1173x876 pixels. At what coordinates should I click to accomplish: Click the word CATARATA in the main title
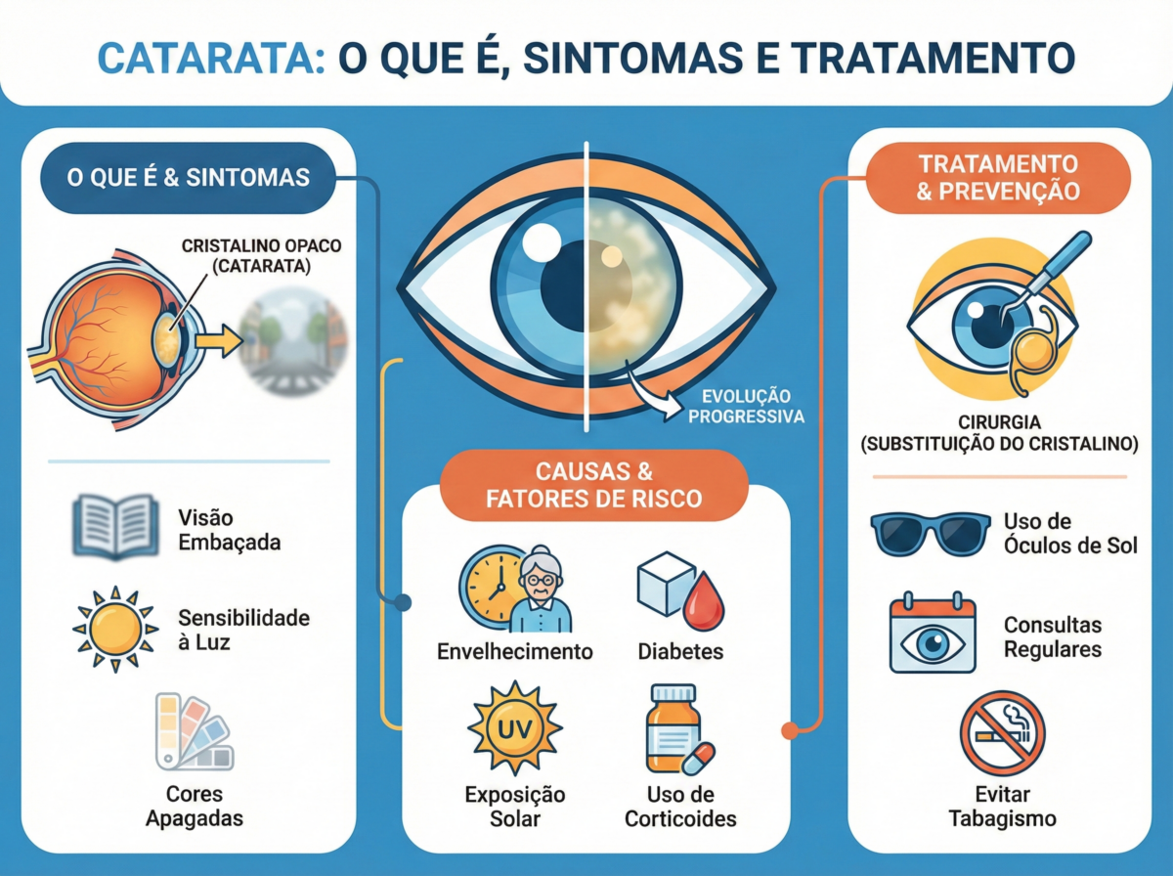coord(211,59)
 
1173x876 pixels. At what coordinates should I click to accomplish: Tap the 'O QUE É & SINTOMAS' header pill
coord(188,178)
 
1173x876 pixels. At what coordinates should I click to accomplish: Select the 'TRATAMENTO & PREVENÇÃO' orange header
coord(998,178)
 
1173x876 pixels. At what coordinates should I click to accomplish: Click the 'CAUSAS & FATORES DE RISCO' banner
coord(593,485)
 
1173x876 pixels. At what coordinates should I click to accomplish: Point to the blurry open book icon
coord(116,526)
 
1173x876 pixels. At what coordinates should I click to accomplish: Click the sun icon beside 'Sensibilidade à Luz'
coord(115,630)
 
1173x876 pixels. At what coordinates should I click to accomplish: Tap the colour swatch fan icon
coord(195,731)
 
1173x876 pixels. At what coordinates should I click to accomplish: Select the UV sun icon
coord(515,728)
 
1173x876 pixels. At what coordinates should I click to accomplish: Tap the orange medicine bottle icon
coord(674,728)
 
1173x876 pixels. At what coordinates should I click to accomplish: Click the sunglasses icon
coord(931,535)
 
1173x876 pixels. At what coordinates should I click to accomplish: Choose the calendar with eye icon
coord(933,633)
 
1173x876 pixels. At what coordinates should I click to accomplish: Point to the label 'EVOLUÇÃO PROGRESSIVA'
coord(746,406)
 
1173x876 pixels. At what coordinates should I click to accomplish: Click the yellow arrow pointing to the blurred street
coord(219,340)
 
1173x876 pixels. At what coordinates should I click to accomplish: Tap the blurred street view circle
coord(293,341)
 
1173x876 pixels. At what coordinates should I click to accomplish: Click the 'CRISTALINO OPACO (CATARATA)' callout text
coord(261,255)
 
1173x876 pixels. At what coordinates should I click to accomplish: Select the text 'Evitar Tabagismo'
coord(1003,807)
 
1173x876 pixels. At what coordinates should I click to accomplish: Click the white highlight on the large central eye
coord(542,242)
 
